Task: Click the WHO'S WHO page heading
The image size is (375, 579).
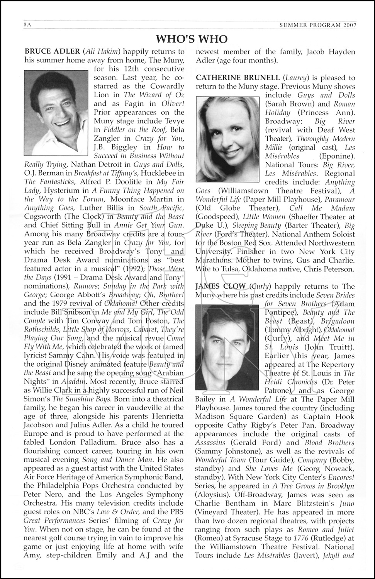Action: (192, 39)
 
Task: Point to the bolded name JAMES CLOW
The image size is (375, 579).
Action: (220, 286)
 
